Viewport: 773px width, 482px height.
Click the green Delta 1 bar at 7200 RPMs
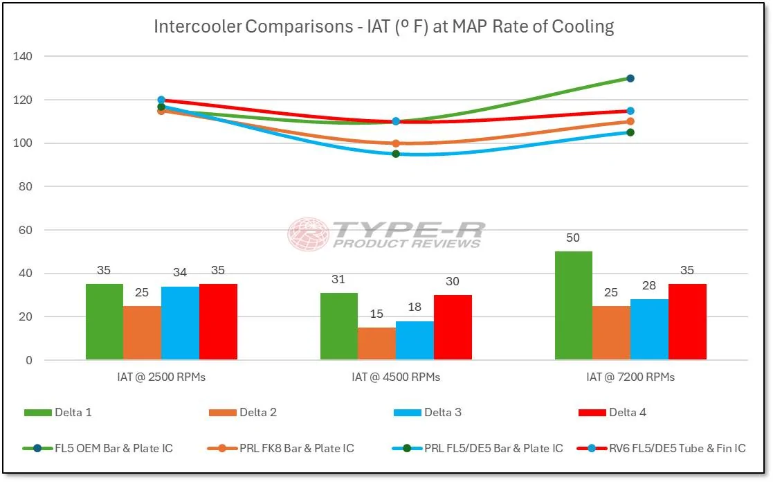[x=574, y=305]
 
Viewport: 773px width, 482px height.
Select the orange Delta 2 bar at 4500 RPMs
[x=376, y=343]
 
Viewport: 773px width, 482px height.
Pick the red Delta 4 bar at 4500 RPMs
[x=453, y=328]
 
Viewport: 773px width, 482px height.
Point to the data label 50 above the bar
[x=574, y=238]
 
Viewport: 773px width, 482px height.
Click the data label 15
[x=376, y=314]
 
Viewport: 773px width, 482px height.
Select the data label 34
[x=180, y=272]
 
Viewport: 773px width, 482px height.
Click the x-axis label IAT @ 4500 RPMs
[x=396, y=377]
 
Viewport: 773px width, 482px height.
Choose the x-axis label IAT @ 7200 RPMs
[x=630, y=377]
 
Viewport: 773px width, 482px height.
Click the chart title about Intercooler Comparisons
[x=384, y=27]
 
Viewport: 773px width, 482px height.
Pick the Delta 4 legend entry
[x=612, y=413]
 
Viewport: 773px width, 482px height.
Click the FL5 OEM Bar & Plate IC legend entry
[x=99, y=449]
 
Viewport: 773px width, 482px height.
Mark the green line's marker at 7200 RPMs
[x=630, y=78]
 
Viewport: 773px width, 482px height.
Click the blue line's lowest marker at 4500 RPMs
[x=396, y=154]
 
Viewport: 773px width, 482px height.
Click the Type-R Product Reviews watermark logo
[x=386, y=234]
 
